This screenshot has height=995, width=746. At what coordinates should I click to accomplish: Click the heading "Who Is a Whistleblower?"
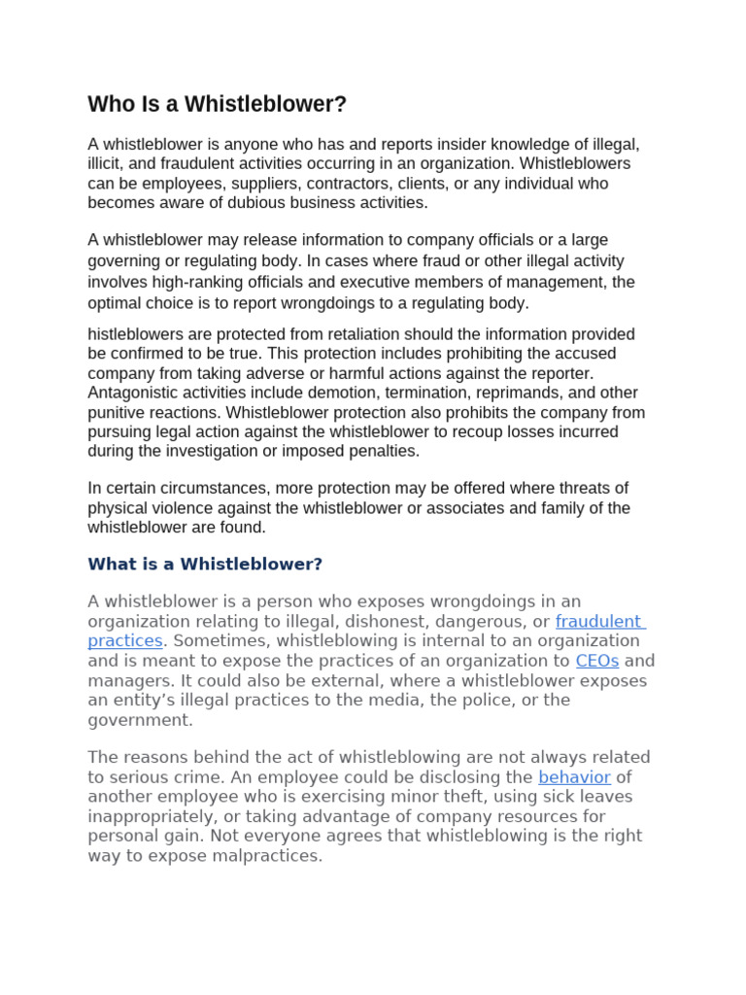217,104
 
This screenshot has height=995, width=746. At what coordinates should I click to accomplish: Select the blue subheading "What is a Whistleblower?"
205,565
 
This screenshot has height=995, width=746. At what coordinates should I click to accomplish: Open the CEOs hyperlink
596,661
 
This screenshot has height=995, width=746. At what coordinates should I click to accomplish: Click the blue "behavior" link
574,777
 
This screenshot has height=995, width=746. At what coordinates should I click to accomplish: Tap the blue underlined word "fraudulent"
598,621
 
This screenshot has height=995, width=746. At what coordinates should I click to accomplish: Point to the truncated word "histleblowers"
136,334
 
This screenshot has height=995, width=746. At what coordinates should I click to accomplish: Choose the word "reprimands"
522,393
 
